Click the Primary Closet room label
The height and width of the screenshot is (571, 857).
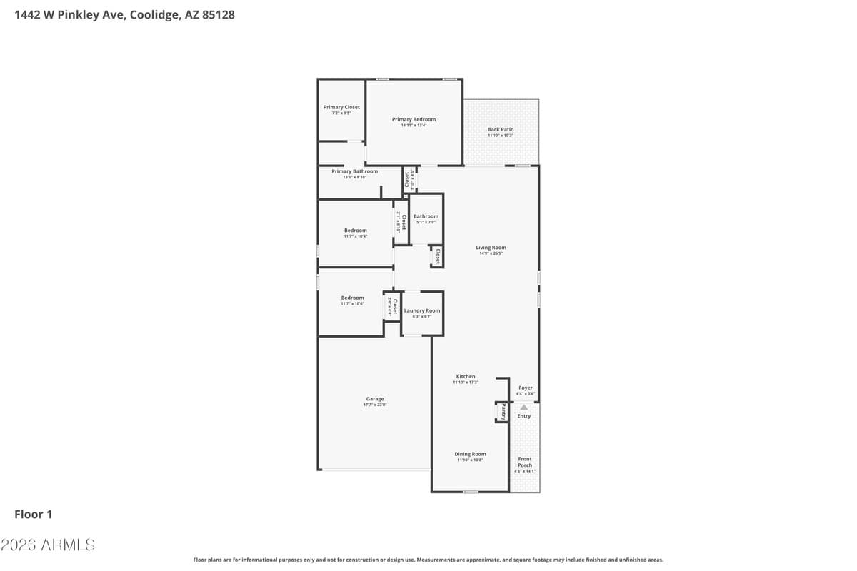point(341,108)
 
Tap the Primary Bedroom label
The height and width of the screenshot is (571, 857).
point(414,120)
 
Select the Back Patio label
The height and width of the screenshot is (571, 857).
point(501,130)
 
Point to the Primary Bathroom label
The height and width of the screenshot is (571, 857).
point(354,171)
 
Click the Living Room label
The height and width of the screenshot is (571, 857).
point(491,248)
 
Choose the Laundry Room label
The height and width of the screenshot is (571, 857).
point(422,311)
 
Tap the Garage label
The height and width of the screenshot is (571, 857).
point(375,400)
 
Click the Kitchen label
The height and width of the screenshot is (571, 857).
point(466,377)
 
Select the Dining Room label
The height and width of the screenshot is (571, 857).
point(470,454)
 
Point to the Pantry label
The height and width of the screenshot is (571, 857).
point(503,412)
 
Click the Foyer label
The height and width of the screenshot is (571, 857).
point(526,388)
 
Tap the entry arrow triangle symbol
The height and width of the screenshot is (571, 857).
point(523,407)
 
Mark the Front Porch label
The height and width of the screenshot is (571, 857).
point(525,463)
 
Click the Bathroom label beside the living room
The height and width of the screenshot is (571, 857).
point(426,216)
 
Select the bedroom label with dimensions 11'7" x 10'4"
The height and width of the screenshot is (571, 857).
point(355,231)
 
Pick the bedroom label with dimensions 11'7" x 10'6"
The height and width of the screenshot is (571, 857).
point(352,298)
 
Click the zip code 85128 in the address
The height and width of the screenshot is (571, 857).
point(219,14)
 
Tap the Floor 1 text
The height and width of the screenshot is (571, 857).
point(34,514)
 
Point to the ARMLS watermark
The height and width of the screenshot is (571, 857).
point(48,545)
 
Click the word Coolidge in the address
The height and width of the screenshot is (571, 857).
point(154,14)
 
